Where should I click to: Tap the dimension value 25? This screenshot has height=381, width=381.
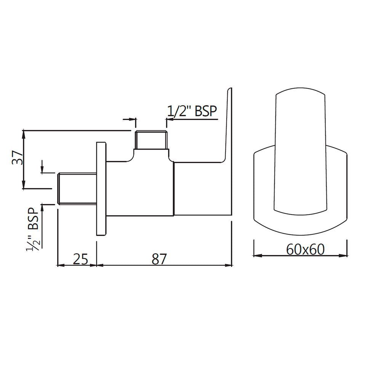[80, 259]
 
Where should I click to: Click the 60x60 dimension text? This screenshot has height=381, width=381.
[305, 250]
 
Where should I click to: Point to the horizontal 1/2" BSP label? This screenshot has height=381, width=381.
[192, 111]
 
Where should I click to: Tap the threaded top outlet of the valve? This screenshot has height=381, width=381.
[151, 140]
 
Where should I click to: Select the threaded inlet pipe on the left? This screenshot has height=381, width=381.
[76, 189]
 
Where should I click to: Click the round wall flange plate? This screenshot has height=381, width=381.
[101, 189]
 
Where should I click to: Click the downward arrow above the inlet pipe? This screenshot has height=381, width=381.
[42, 170]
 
